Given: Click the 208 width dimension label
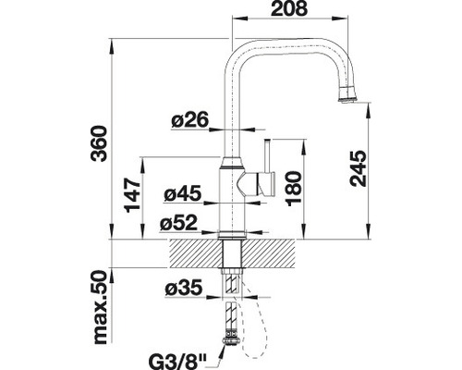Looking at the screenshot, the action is coord(289,8).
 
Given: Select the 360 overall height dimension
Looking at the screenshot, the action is coord(100,143).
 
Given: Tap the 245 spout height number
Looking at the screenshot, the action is coord(359,168).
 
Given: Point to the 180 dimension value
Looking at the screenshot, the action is coord(293,188).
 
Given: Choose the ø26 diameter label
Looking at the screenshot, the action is coord(190,119).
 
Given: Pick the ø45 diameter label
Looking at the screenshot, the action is coord(183,193).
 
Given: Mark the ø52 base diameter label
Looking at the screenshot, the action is coord(178,223).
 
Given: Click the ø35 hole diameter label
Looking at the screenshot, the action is coord(184,288).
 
